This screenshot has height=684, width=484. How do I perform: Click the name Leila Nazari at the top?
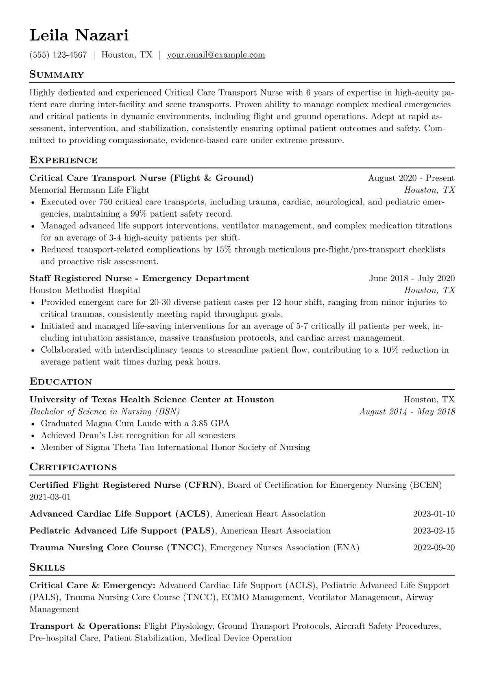(x=79, y=36)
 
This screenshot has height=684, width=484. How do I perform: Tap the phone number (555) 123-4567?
(x=58, y=55)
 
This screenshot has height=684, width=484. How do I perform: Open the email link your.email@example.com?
(x=216, y=55)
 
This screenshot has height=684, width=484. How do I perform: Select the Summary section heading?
(x=57, y=75)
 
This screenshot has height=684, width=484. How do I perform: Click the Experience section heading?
(x=63, y=160)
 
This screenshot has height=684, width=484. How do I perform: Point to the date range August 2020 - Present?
(x=411, y=178)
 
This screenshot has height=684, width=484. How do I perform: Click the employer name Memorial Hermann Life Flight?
(x=89, y=190)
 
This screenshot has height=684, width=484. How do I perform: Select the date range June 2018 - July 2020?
(x=412, y=278)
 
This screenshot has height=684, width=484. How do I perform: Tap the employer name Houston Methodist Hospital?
(x=85, y=290)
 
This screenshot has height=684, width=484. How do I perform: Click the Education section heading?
(x=61, y=382)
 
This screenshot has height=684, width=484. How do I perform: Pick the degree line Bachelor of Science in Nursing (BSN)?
(x=105, y=411)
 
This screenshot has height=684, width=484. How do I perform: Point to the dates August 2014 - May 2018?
(x=407, y=411)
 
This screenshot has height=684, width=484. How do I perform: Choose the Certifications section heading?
(x=73, y=467)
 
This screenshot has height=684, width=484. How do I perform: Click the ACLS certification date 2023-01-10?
(x=434, y=514)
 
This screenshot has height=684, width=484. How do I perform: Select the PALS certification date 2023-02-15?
(x=434, y=531)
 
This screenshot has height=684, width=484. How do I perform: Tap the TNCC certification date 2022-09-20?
(x=434, y=548)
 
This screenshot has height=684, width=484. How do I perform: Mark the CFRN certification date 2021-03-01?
(x=50, y=497)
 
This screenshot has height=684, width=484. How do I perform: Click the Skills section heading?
(x=47, y=568)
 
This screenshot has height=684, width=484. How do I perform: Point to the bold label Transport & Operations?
(x=85, y=626)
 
